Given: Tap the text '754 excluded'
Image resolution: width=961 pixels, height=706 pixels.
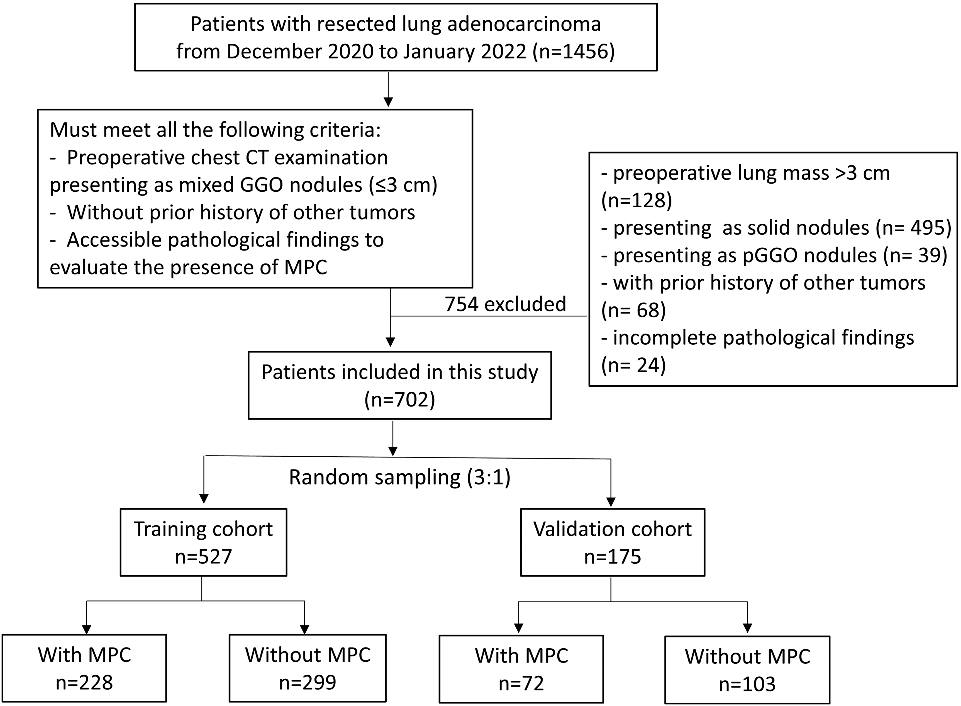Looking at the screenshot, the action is [506, 304].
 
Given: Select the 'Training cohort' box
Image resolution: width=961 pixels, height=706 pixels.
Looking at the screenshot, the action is [203, 542].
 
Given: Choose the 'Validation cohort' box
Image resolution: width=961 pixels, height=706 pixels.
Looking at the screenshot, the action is [612, 542].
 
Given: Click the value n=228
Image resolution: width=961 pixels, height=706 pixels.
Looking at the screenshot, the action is [84, 683].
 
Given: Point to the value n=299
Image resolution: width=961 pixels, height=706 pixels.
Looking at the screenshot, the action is [308, 683].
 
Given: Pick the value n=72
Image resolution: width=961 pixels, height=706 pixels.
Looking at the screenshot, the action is [521, 683].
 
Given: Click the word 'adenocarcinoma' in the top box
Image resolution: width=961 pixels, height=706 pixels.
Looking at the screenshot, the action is [524, 24].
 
